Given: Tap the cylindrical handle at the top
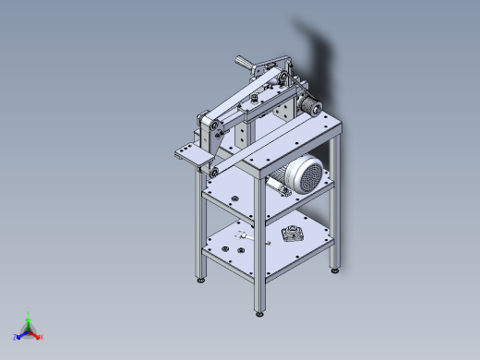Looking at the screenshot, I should [x=245, y=63].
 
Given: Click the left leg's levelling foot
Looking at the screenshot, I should [x=201, y=279].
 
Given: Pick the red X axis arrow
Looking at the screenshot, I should [x=40, y=337].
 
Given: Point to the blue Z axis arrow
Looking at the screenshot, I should [x=18, y=336].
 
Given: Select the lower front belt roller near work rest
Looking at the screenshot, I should [x=213, y=172].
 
